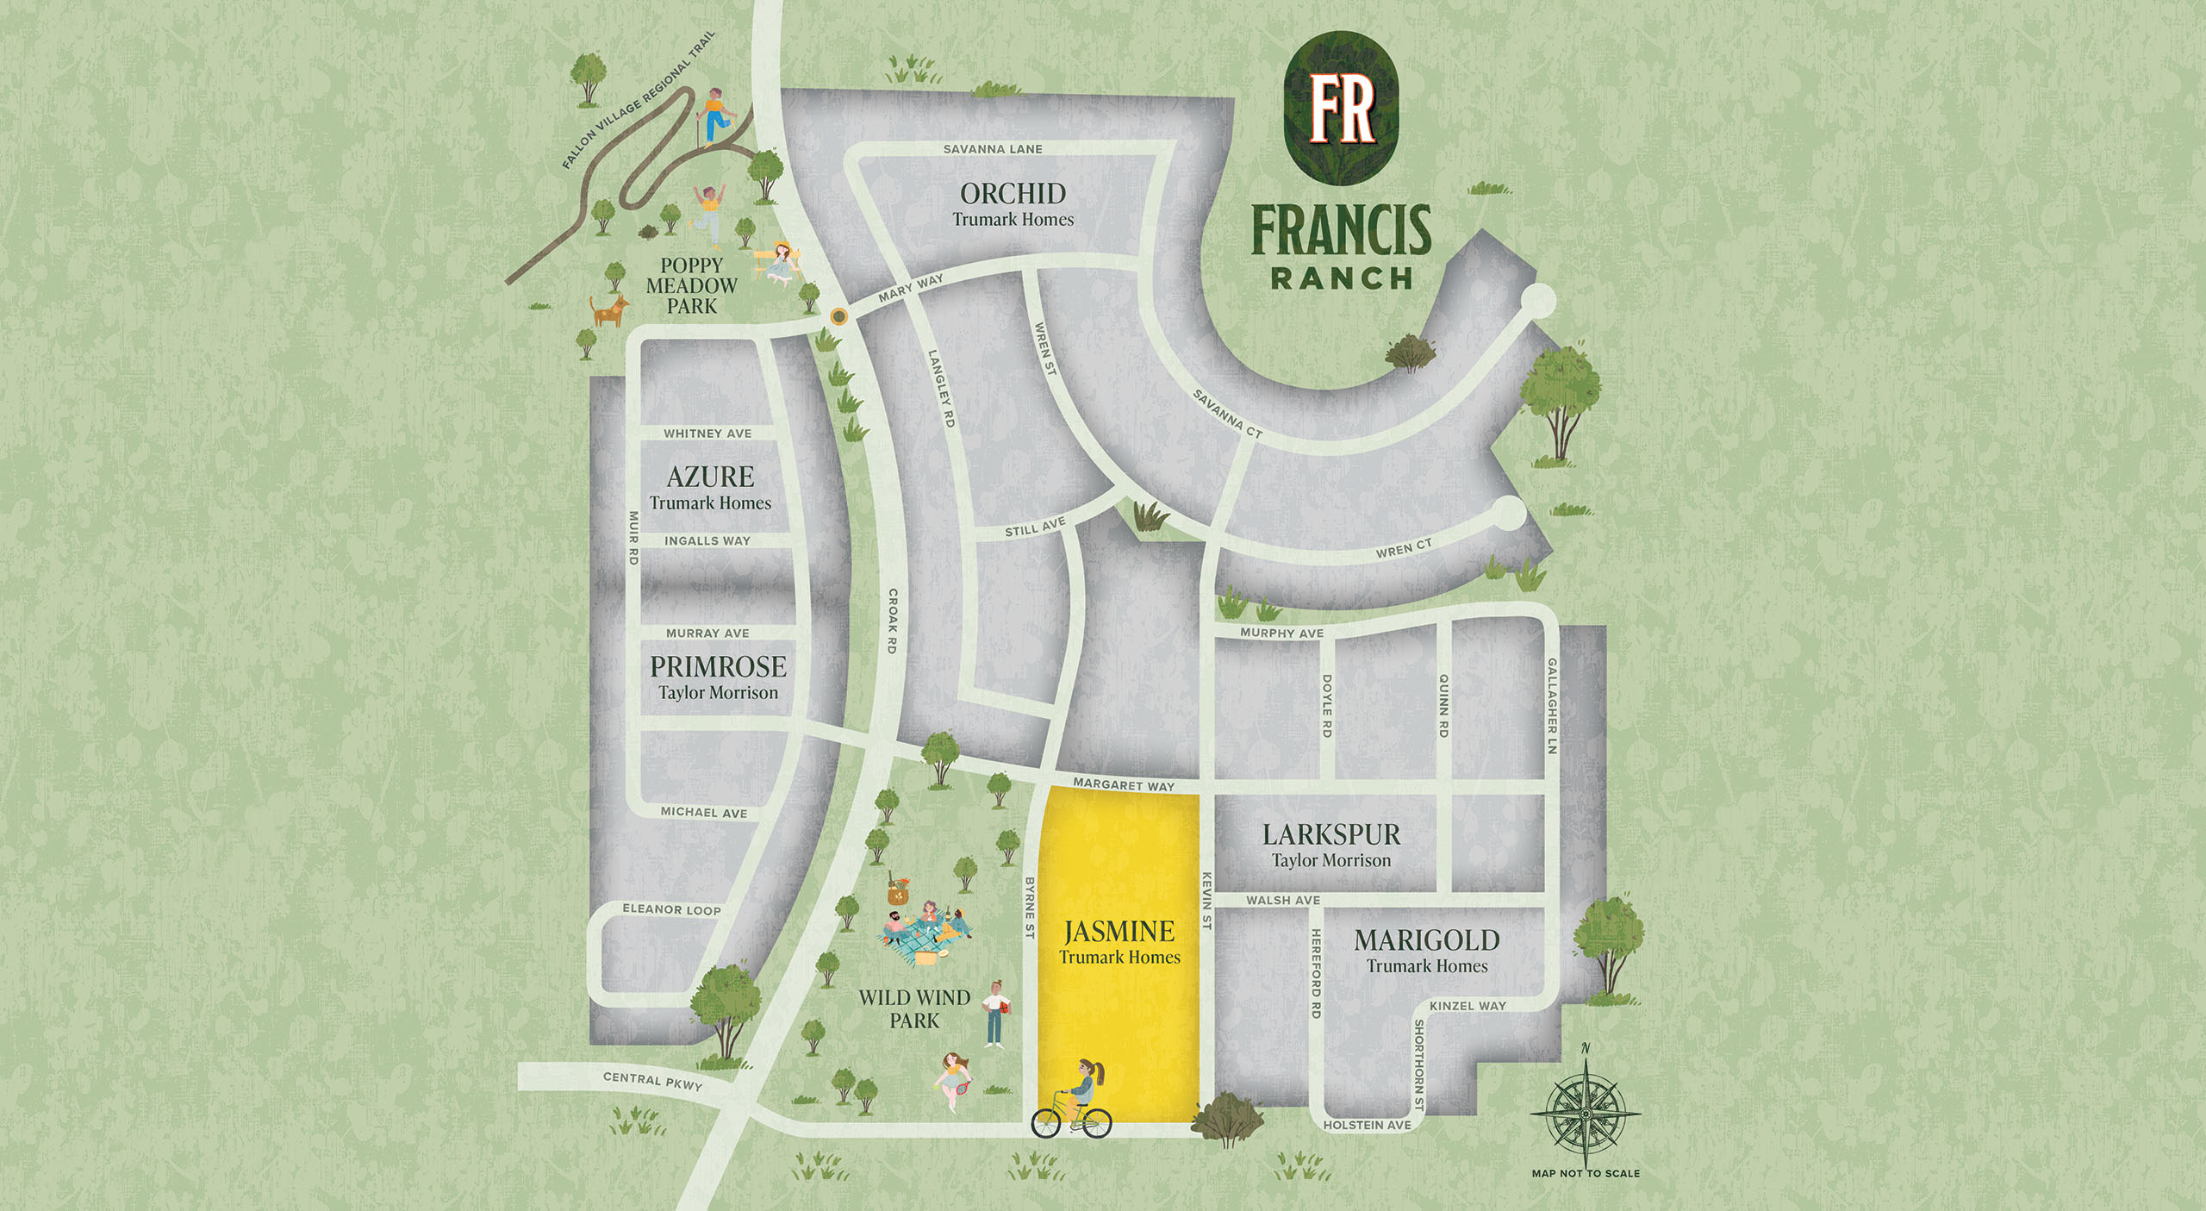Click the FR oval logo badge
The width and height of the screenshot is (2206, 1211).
[1341, 109]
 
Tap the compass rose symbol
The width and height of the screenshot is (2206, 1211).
[1585, 1113]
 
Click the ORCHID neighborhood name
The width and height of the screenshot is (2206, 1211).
[1013, 194]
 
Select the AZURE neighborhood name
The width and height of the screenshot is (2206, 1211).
[710, 477]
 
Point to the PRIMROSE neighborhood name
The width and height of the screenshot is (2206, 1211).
[718, 666]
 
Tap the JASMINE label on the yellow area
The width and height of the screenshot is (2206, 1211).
[1119, 932]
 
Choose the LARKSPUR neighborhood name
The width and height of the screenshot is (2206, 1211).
[1331, 834]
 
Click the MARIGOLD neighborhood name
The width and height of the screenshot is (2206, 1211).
[1427, 940]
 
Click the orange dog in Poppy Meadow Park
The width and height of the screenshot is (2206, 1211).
[609, 310]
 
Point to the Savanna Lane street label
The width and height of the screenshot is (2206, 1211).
[993, 149]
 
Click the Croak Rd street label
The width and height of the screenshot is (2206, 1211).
[893, 621]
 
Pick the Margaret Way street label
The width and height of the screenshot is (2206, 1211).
[1124, 784]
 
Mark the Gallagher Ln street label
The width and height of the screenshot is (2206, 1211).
[1552, 706]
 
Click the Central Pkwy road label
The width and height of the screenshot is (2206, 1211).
[652, 1081]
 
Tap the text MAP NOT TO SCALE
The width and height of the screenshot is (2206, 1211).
[1586, 1173]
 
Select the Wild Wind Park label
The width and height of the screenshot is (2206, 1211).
[914, 1008]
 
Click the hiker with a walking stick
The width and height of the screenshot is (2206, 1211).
[714, 116]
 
